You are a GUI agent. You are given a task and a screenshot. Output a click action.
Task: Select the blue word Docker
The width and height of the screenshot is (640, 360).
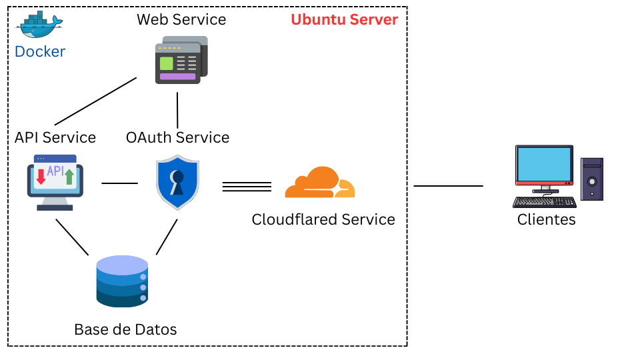[40, 51]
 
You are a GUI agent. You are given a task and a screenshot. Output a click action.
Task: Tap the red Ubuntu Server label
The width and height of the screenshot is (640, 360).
[344, 19]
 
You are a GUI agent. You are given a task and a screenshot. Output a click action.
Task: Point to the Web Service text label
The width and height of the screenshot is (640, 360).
[181, 19]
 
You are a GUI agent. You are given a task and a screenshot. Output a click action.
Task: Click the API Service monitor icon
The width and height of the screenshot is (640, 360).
[55, 182]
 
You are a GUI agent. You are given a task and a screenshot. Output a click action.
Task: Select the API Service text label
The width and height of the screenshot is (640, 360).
[55, 137]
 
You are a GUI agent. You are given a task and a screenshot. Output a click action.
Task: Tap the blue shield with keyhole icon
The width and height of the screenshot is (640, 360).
[177, 183]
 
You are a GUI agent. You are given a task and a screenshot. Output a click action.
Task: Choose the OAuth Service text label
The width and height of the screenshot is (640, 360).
[177, 137]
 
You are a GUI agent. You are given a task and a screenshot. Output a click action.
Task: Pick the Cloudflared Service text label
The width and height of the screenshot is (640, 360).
[323, 219]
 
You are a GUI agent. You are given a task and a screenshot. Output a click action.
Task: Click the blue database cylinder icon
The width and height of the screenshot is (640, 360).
[121, 281]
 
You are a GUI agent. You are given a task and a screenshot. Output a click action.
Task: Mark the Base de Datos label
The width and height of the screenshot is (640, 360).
[125, 329]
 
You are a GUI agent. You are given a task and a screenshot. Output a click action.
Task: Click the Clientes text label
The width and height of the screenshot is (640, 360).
[546, 219]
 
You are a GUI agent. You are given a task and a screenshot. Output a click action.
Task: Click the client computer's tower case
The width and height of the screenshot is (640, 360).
[591, 179]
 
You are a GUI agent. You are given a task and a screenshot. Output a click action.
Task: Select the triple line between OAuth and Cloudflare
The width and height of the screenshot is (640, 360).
[247, 187]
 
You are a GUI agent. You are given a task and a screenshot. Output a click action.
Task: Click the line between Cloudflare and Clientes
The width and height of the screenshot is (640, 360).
[448, 186]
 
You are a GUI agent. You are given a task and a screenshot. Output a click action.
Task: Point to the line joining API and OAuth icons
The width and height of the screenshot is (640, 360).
[119, 183]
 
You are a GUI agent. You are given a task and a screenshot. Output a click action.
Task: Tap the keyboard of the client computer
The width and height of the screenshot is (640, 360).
[544, 202]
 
